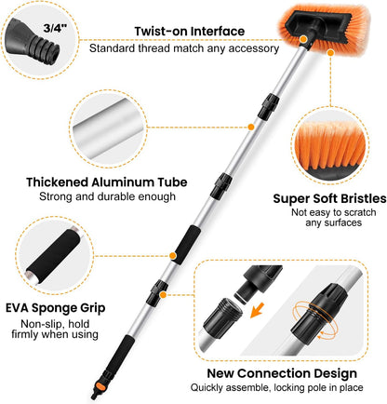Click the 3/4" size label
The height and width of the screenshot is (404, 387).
pyautogui.click(x=55, y=28)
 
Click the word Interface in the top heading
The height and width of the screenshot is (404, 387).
pyautogui.click(x=217, y=32)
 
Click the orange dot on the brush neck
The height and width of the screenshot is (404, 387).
pyautogui.click(x=303, y=39)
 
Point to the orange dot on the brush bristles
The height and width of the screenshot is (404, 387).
pyautogui.click(x=330, y=53)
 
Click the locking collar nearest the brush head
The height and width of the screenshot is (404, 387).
pyautogui.click(x=269, y=106)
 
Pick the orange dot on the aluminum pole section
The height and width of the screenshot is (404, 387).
pyautogui.click(x=251, y=127)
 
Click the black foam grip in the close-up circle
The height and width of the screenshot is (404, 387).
pyautogui.click(x=53, y=255)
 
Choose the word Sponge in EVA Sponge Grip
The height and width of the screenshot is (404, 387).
pyautogui.click(x=56, y=308)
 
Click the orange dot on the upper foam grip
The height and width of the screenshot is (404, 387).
pyautogui.click(x=173, y=256)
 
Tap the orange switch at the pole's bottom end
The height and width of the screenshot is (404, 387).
pyautogui.click(x=100, y=386)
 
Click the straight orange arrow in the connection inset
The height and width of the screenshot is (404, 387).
pyautogui.click(x=257, y=310)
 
